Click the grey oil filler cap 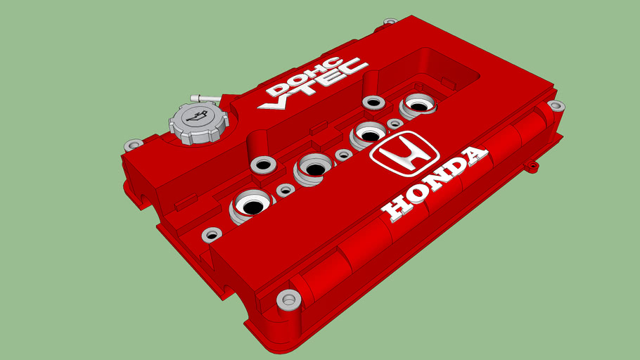(x=199, y=122)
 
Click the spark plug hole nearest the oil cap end (x=250, y=205)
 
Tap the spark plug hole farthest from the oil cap (x=419, y=106)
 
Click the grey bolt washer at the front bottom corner (x=287, y=300)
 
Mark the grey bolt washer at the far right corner (x=556, y=106)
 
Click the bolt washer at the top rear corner (x=389, y=22)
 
